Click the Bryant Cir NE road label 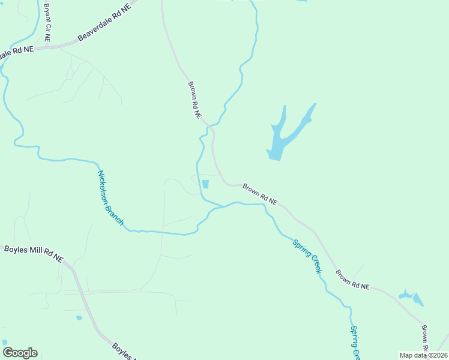tap(47, 23)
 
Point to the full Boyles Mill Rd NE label tap(33, 253)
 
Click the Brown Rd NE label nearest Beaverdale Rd tap(194, 101)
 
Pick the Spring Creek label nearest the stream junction tap(307, 256)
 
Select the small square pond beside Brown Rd tap(205, 184)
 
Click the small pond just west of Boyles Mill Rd tap(79, 317)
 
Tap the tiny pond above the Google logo tap(5, 342)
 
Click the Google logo tap(20, 353)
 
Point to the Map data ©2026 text tap(423, 355)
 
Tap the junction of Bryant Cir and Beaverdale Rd tap(50, 46)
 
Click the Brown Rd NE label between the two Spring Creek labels tap(352, 280)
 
